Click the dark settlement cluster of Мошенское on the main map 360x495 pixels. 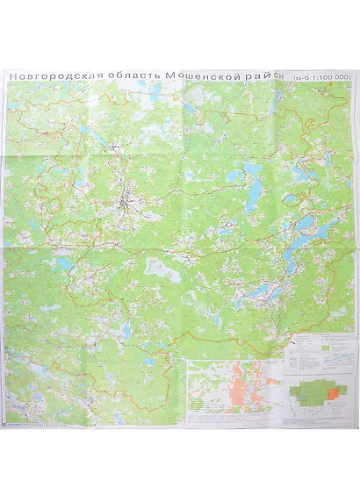[x=126, y=207]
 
